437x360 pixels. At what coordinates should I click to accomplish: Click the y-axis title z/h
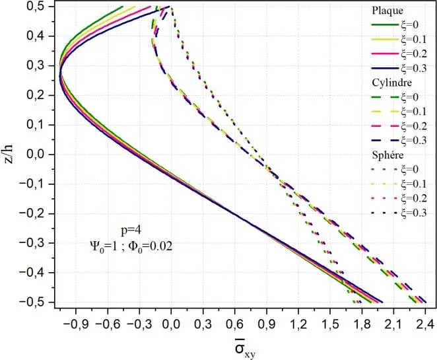[x=9, y=151]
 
